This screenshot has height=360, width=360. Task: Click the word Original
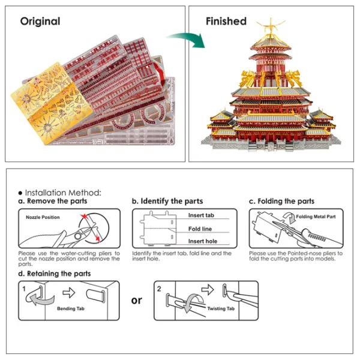[40, 22]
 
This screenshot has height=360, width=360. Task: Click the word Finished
[226, 21]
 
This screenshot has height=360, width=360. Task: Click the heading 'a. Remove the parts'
[53, 201]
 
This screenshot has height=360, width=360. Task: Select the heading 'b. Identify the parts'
[167, 201]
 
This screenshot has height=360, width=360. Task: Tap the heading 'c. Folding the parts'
[282, 202]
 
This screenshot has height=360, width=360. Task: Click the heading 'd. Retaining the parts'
[55, 274]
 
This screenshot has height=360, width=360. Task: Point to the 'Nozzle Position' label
[43, 217]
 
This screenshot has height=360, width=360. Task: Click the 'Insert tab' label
[201, 215]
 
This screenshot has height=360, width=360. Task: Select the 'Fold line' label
[200, 229]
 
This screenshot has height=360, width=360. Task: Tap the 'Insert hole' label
[203, 241]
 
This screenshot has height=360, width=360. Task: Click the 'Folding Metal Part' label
[316, 217]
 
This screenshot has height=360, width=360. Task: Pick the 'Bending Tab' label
[71, 308]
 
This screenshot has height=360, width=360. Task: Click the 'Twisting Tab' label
[221, 308]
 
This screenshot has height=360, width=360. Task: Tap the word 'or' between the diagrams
[137, 301]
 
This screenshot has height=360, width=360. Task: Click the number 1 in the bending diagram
[24, 289]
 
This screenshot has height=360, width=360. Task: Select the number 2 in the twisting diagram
[159, 289]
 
